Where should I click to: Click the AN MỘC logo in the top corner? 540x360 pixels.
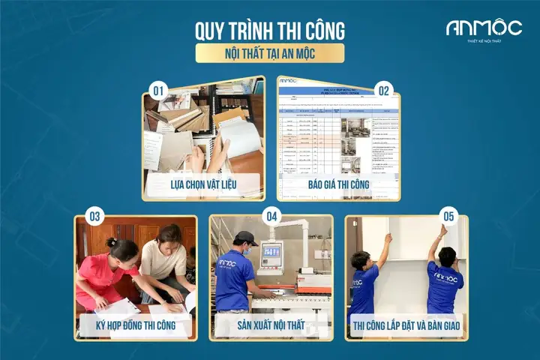point(484,28)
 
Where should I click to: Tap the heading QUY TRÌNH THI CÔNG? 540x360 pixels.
point(270,31)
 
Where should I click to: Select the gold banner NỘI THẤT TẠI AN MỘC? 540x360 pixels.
point(270,53)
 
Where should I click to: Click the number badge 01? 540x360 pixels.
point(158,91)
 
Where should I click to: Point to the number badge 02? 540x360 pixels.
point(383,91)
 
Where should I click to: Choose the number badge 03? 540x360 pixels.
point(94,217)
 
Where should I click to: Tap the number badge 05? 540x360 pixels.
point(448,217)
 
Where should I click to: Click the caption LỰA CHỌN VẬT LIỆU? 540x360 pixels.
point(204,183)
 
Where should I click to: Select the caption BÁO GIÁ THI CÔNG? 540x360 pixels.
point(338,183)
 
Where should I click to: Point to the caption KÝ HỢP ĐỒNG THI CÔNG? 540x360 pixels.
point(136,325)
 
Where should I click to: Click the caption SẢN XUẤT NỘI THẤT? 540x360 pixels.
point(270,325)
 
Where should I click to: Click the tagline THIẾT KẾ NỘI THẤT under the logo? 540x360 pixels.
point(484,40)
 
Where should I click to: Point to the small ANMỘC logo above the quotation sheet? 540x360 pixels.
point(288,80)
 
